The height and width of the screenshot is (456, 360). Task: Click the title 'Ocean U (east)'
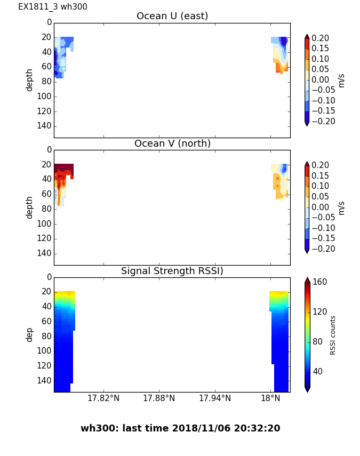pyautogui.click(x=172, y=16)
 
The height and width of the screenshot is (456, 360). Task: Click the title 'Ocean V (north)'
pyautogui.click(x=172, y=143)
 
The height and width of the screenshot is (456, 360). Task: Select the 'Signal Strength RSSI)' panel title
pyautogui.click(x=172, y=271)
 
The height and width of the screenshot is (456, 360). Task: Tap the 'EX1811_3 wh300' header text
pyautogui.click(x=53, y=7)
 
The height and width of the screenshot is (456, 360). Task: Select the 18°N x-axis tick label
pyautogui.click(x=270, y=399)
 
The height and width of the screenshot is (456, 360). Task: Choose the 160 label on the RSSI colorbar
pyautogui.click(x=320, y=282)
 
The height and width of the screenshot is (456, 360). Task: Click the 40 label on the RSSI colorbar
pyautogui.click(x=318, y=371)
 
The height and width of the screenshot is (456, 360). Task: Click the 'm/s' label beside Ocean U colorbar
pyautogui.click(x=342, y=80)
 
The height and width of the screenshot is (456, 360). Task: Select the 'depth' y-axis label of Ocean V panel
pyautogui.click(x=30, y=207)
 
